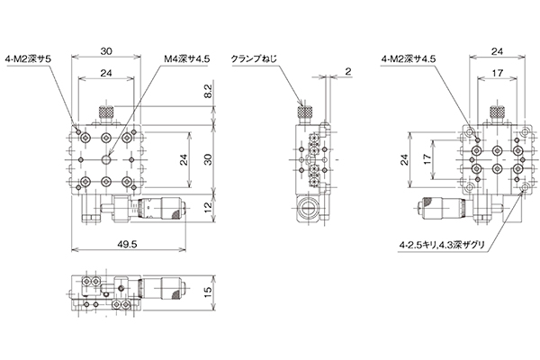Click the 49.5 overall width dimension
point(127,244)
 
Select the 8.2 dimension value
point(209,91)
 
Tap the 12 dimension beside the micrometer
point(209,207)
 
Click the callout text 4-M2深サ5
point(28,58)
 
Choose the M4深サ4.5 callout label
point(186,58)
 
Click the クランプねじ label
point(254,58)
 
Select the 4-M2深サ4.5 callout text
point(408,58)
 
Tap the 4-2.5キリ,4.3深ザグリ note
point(442,245)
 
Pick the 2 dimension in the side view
point(347,71)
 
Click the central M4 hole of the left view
point(106,159)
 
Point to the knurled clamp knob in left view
point(106,112)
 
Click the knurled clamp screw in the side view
point(305,112)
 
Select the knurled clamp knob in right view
point(497,112)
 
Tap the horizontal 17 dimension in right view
point(498,73)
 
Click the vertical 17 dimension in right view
point(427,158)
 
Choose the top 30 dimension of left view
point(106,51)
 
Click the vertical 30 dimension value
point(209,158)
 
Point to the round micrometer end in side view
point(309,209)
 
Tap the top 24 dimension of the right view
point(497,51)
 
